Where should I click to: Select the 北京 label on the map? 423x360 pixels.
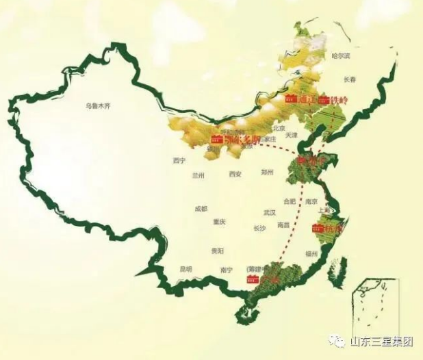(278, 128)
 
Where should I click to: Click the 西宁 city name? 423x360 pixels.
(179, 161)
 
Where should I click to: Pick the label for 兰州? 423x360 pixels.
(198, 175)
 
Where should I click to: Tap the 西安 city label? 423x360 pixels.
(235, 175)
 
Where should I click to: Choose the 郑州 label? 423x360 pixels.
(267, 174)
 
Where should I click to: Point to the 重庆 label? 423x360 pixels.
(219, 222)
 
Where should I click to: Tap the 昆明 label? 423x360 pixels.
(185, 270)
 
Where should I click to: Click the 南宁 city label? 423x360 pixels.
(227, 270)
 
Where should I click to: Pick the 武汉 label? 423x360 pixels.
(269, 213)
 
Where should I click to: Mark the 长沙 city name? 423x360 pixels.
(259, 228)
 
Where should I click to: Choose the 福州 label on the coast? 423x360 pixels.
(313, 254)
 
